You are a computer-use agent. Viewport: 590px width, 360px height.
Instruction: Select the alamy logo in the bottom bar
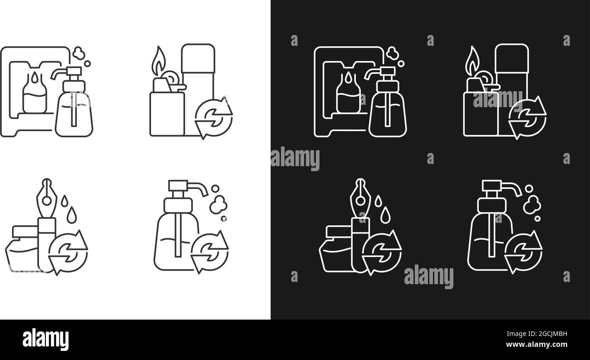tap(45, 339)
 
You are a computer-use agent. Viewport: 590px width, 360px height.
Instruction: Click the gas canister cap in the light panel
tap(198, 59)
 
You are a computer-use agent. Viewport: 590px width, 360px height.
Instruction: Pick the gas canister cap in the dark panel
tap(511, 59)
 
